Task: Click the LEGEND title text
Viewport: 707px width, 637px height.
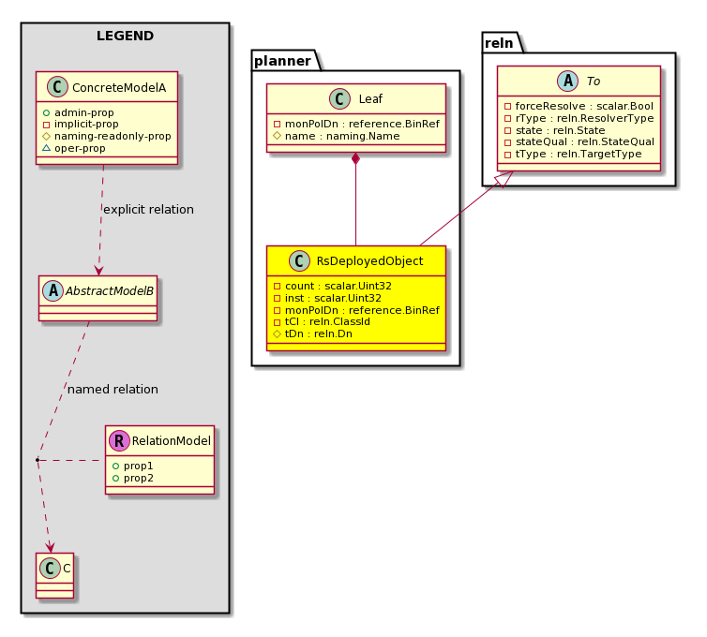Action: pyautogui.click(x=125, y=36)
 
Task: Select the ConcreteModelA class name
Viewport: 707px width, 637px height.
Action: pyautogui.click(x=119, y=87)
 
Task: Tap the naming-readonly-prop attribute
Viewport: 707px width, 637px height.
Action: pyautogui.click(x=113, y=136)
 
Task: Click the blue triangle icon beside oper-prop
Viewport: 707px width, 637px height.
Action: pyautogui.click(x=46, y=148)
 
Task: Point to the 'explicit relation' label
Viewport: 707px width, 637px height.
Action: pyautogui.click(x=148, y=210)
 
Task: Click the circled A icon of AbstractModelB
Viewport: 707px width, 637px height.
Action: pyautogui.click(x=53, y=291)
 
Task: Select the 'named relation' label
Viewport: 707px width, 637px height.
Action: pyautogui.click(x=113, y=390)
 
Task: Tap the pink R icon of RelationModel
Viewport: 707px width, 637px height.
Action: pyautogui.click(x=119, y=440)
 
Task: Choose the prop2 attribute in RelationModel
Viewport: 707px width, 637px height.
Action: pyautogui.click(x=139, y=478)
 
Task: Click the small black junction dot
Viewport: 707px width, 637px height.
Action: pyautogui.click(x=38, y=460)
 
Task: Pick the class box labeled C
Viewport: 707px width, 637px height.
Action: pyautogui.click(x=54, y=575)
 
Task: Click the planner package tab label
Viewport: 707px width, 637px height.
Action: pyautogui.click(x=283, y=61)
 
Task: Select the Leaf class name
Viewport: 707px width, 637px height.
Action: pyautogui.click(x=370, y=99)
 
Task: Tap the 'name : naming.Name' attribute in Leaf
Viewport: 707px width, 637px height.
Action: pyautogui.click(x=342, y=136)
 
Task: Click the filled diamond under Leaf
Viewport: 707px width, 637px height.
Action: pyautogui.click(x=355, y=158)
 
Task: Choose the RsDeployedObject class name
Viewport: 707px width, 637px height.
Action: pyautogui.click(x=369, y=261)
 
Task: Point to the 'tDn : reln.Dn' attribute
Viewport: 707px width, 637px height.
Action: pyautogui.click(x=318, y=333)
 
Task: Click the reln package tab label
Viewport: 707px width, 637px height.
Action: pyautogui.click(x=499, y=43)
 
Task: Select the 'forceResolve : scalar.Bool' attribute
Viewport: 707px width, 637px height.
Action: pyautogui.click(x=584, y=106)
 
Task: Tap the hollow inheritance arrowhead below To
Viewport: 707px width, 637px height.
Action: pyautogui.click(x=504, y=179)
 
